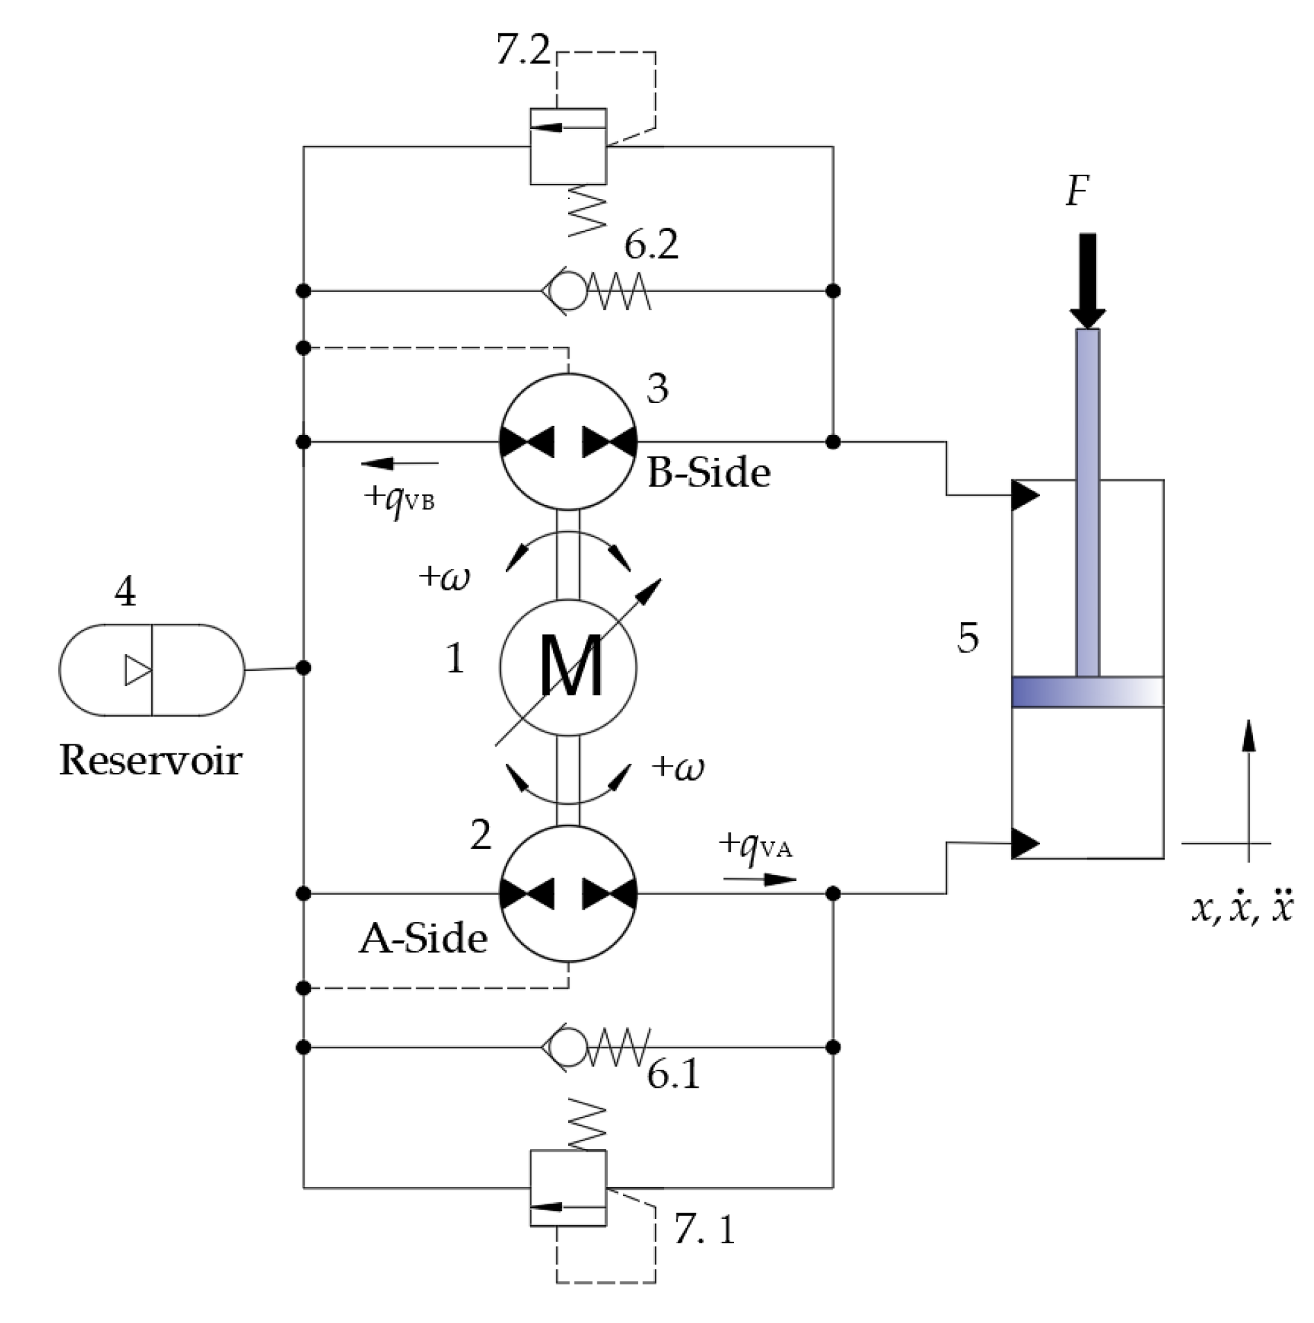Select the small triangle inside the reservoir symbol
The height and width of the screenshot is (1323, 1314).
(x=137, y=670)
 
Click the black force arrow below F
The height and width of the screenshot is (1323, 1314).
(x=1087, y=281)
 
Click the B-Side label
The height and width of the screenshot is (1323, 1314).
(x=708, y=474)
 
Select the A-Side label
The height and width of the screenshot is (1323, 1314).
(x=423, y=939)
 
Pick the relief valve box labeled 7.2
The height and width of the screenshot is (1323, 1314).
(x=568, y=146)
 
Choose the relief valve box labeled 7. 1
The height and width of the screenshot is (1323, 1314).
(x=568, y=1188)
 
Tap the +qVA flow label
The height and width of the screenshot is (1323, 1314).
(x=756, y=845)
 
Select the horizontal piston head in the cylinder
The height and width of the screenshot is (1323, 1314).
(x=1086, y=692)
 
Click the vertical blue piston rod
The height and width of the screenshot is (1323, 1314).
(x=1087, y=500)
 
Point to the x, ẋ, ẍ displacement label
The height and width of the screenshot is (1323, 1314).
(x=1242, y=909)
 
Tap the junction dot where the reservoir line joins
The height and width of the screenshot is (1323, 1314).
(x=303, y=668)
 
